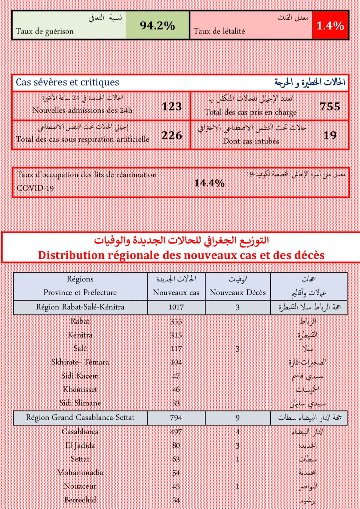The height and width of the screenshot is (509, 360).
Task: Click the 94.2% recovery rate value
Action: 157,25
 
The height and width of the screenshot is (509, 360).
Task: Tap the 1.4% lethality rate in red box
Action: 330,25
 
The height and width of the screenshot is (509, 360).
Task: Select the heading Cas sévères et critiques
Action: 67,82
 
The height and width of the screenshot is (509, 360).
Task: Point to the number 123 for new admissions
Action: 172,107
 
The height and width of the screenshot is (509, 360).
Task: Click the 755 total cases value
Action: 330,107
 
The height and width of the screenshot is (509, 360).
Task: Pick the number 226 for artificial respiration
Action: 172,136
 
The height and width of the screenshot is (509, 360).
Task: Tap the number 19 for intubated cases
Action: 330,136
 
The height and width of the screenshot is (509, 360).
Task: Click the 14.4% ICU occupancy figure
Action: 209,183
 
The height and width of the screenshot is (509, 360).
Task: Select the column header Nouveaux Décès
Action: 238,292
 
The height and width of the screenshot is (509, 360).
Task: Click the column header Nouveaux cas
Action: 176,292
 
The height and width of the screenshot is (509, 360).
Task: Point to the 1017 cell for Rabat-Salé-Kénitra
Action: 176,307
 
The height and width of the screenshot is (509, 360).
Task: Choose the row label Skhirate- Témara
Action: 80,362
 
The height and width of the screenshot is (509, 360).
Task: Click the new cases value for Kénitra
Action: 176,335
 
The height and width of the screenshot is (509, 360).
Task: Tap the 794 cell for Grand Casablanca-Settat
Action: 176,418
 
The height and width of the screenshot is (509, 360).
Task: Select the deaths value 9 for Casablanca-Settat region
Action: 238,418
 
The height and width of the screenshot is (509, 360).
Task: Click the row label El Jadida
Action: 80,445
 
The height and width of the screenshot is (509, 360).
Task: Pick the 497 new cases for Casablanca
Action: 176,432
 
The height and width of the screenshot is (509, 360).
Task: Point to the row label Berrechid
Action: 80,500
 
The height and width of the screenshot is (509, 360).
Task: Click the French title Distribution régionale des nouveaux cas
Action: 181,255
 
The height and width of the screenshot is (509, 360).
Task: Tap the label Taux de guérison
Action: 45,31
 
